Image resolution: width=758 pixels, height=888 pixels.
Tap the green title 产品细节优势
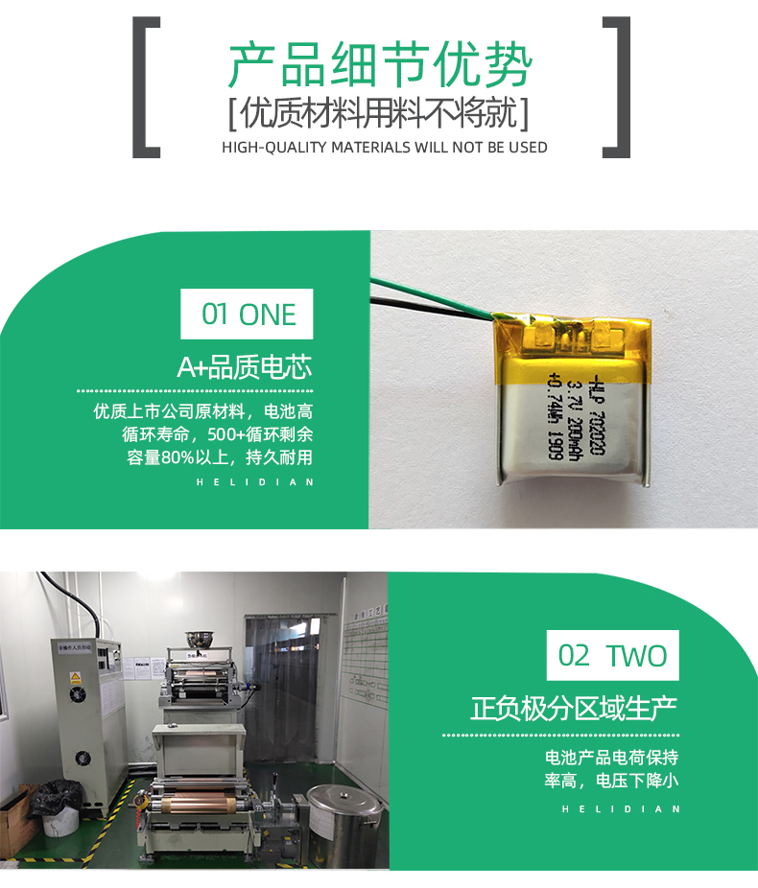tap(379, 66)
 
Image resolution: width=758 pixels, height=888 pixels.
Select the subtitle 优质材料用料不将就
tap(379, 115)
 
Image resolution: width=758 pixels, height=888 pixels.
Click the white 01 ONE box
tap(248, 314)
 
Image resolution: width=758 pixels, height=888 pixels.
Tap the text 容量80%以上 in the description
tap(178, 457)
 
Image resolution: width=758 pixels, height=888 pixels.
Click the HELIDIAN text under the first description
tap(254, 482)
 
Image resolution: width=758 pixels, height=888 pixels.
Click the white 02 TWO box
tap(612, 656)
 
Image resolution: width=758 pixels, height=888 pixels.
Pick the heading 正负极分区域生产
tap(574, 710)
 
